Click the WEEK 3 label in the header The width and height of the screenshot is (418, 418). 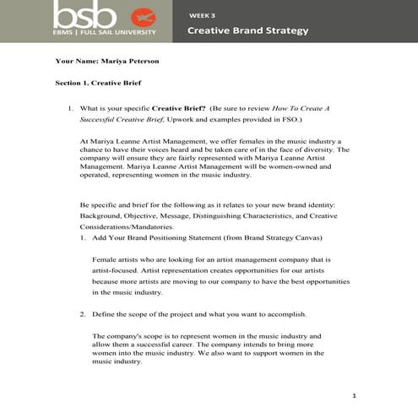point(202,14)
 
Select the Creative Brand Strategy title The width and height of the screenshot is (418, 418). point(247,30)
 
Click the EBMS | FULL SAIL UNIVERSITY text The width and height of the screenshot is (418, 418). point(105,33)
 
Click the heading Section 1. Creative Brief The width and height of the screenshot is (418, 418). point(98,84)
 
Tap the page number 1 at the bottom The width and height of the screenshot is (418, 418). point(355,395)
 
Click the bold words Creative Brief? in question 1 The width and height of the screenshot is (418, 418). point(179,109)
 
